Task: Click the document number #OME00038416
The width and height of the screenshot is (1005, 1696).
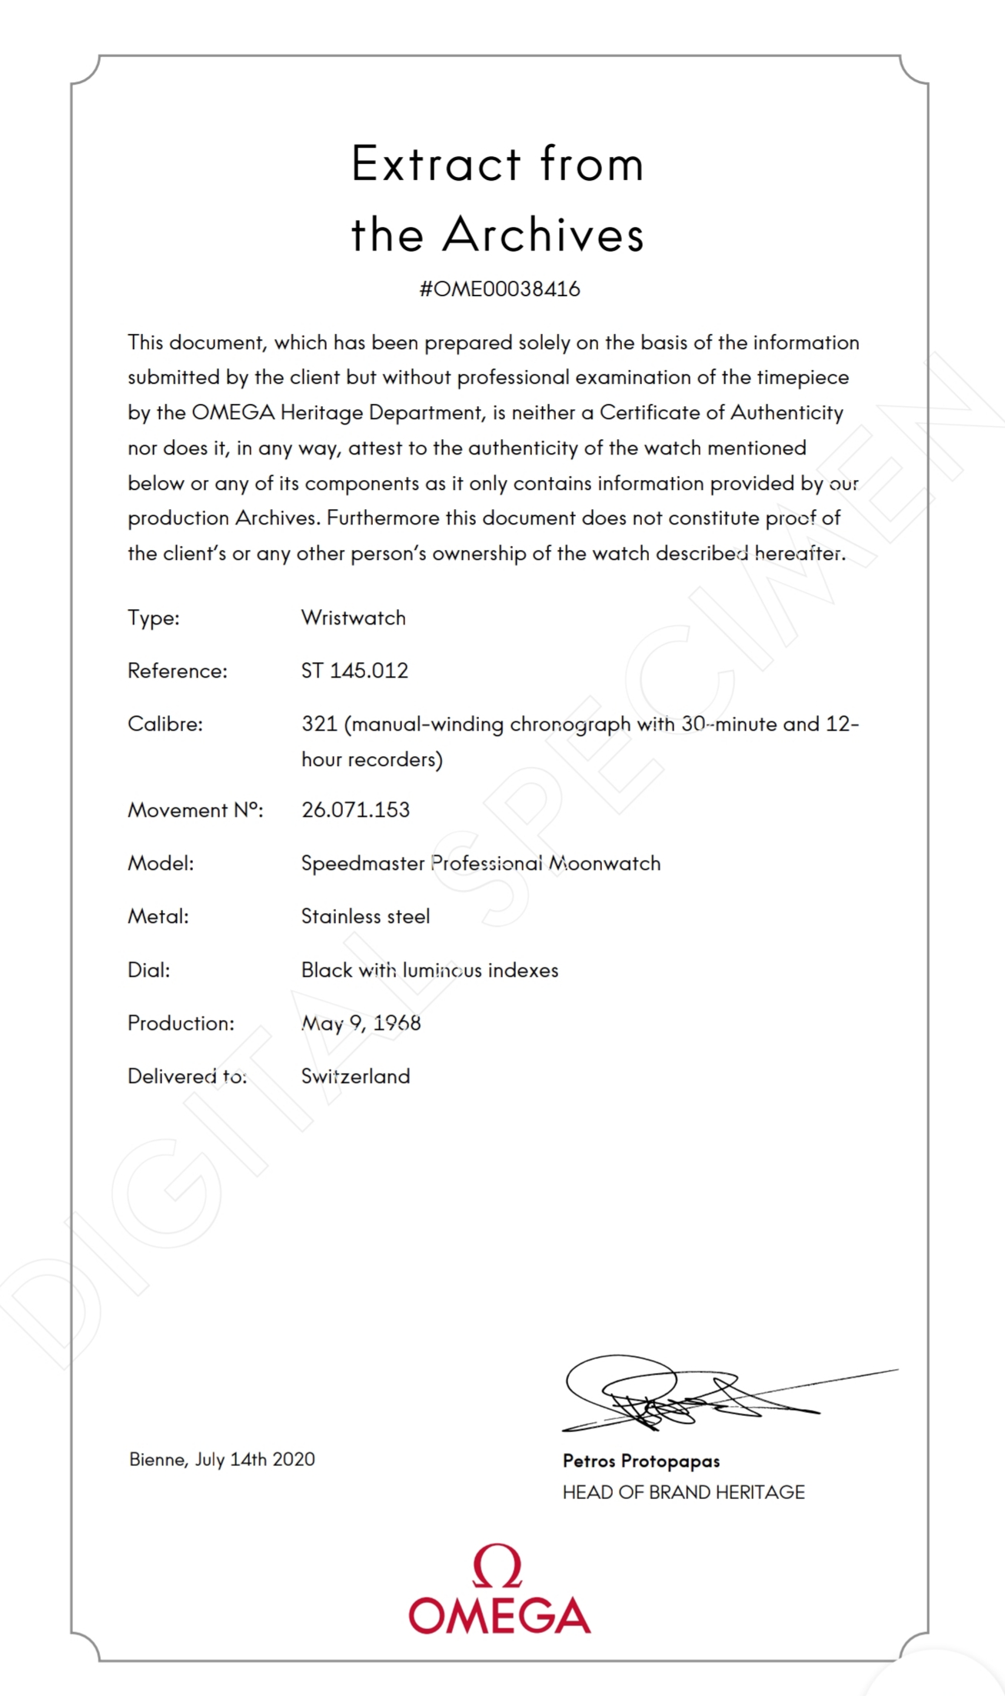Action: pos(500,289)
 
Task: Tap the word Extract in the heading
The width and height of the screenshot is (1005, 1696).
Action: pos(436,164)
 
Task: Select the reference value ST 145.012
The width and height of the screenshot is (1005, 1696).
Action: pos(354,671)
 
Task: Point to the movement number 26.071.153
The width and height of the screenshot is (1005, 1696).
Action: pos(355,810)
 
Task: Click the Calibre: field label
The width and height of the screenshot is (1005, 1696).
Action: pos(165,724)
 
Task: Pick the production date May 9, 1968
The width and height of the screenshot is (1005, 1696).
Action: pos(361,1023)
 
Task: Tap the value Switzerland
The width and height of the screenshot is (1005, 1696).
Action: pos(355,1076)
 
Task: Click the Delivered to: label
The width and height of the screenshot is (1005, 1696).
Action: pos(187,1076)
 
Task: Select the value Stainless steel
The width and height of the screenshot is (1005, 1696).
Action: pos(365,916)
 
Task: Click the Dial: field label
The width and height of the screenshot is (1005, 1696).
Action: pos(149,970)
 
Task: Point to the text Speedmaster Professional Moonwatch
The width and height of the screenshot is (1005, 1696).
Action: pos(481,863)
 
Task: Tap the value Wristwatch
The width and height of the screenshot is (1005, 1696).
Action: pos(353,618)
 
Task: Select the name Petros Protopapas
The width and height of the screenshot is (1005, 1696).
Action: pos(641,1461)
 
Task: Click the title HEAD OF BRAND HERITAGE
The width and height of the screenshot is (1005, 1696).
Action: pos(684,1492)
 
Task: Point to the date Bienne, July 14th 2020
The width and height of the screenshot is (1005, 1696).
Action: pos(222,1459)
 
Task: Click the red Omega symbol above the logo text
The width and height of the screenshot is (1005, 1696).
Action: pos(498,1566)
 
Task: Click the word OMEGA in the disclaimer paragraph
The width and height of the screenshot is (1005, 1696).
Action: pos(233,413)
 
